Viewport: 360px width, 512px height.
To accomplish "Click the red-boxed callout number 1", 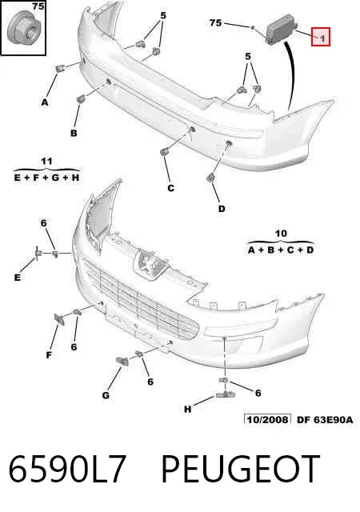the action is click(322, 38).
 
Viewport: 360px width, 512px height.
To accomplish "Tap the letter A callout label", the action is click(45, 102).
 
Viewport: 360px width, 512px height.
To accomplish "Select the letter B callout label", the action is click(74, 133).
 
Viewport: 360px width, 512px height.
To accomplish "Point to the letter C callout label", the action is click(171, 188).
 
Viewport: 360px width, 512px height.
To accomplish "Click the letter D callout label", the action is click(222, 208).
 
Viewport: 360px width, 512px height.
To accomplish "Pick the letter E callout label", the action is click(18, 278).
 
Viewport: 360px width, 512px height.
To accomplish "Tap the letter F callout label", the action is click(49, 354).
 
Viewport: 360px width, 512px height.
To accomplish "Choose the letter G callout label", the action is click(106, 395).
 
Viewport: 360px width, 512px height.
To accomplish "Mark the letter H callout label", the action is click(187, 409).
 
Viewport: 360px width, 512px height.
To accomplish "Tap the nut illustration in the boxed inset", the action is click(24, 29).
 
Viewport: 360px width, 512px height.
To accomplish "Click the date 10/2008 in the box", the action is click(267, 419).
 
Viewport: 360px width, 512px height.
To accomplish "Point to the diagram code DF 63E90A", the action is click(325, 419).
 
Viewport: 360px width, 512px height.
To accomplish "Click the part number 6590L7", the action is click(67, 470).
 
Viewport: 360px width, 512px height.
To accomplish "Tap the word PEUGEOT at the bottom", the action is click(240, 470).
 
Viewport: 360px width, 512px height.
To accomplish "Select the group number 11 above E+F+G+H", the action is click(46, 162).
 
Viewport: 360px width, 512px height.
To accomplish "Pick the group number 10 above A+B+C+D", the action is click(281, 234).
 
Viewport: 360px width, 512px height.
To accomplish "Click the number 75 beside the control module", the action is click(216, 22).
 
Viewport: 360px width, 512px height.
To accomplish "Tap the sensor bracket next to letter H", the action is click(226, 395).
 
